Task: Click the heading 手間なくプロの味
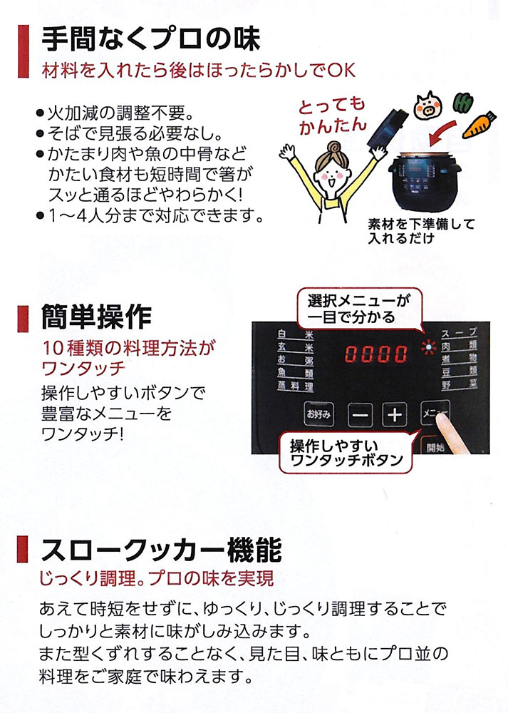pyautogui.click(x=150, y=39)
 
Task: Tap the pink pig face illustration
pyautogui.click(x=428, y=105)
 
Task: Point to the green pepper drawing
pyautogui.click(x=464, y=103)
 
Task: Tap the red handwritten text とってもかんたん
pyautogui.click(x=332, y=116)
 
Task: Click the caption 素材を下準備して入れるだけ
pyautogui.click(x=421, y=230)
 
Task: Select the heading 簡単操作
pyautogui.click(x=96, y=317)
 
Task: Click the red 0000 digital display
pyautogui.click(x=375, y=354)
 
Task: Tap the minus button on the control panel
pyautogui.click(x=361, y=415)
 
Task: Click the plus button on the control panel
pyautogui.click(x=395, y=414)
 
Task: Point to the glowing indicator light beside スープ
pyautogui.click(x=428, y=348)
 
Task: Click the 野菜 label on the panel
pyautogui.click(x=459, y=385)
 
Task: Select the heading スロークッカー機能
pyautogui.click(x=161, y=550)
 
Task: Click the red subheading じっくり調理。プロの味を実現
pyautogui.click(x=157, y=578)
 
